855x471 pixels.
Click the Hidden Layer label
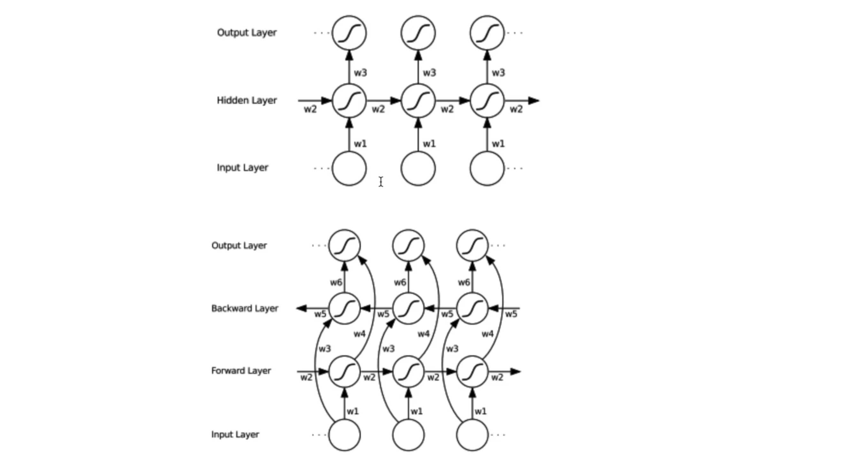pos(247,100)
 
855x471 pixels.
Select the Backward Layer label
pos(245,308)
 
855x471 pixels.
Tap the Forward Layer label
pos(241,370)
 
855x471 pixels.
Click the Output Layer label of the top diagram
pos(247,33)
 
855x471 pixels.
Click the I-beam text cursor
pos(381,181)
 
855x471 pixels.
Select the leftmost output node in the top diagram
pos(349,33)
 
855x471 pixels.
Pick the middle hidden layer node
pos(418,101)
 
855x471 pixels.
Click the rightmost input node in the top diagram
pos(487,168)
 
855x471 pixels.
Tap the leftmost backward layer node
pos(344,308)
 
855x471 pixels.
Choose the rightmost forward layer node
pos(472,371)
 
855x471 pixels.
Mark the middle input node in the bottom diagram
pos(408,435)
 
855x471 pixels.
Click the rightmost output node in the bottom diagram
pos(472,245)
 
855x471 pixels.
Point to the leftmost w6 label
pos(336,282)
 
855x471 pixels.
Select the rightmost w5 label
pos(511,314)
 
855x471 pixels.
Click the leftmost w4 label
pos(360,334)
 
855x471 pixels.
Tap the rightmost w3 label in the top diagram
pos(498,73)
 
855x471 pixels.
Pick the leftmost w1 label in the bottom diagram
pos(353,412)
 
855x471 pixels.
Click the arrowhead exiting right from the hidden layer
pos(533,101)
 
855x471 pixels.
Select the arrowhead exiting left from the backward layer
pos(301,308)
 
